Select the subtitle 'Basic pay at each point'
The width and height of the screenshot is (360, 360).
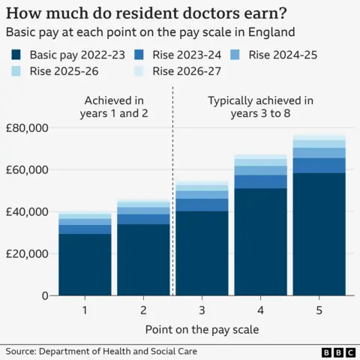(x=150, y=32)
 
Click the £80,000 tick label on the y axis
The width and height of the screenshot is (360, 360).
(x=26, y=128)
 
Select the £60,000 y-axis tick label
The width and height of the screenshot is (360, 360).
(x=26, y=170)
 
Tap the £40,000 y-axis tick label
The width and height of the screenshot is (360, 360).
(x=26, y=212)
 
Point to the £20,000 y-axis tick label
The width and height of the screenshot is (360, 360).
(x=26, y=254)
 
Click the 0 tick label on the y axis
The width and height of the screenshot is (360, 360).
(x=45, y=295)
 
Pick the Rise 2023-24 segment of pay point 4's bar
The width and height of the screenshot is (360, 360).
(x=260, y=181)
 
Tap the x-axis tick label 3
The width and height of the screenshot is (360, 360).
(x=202, y=309)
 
